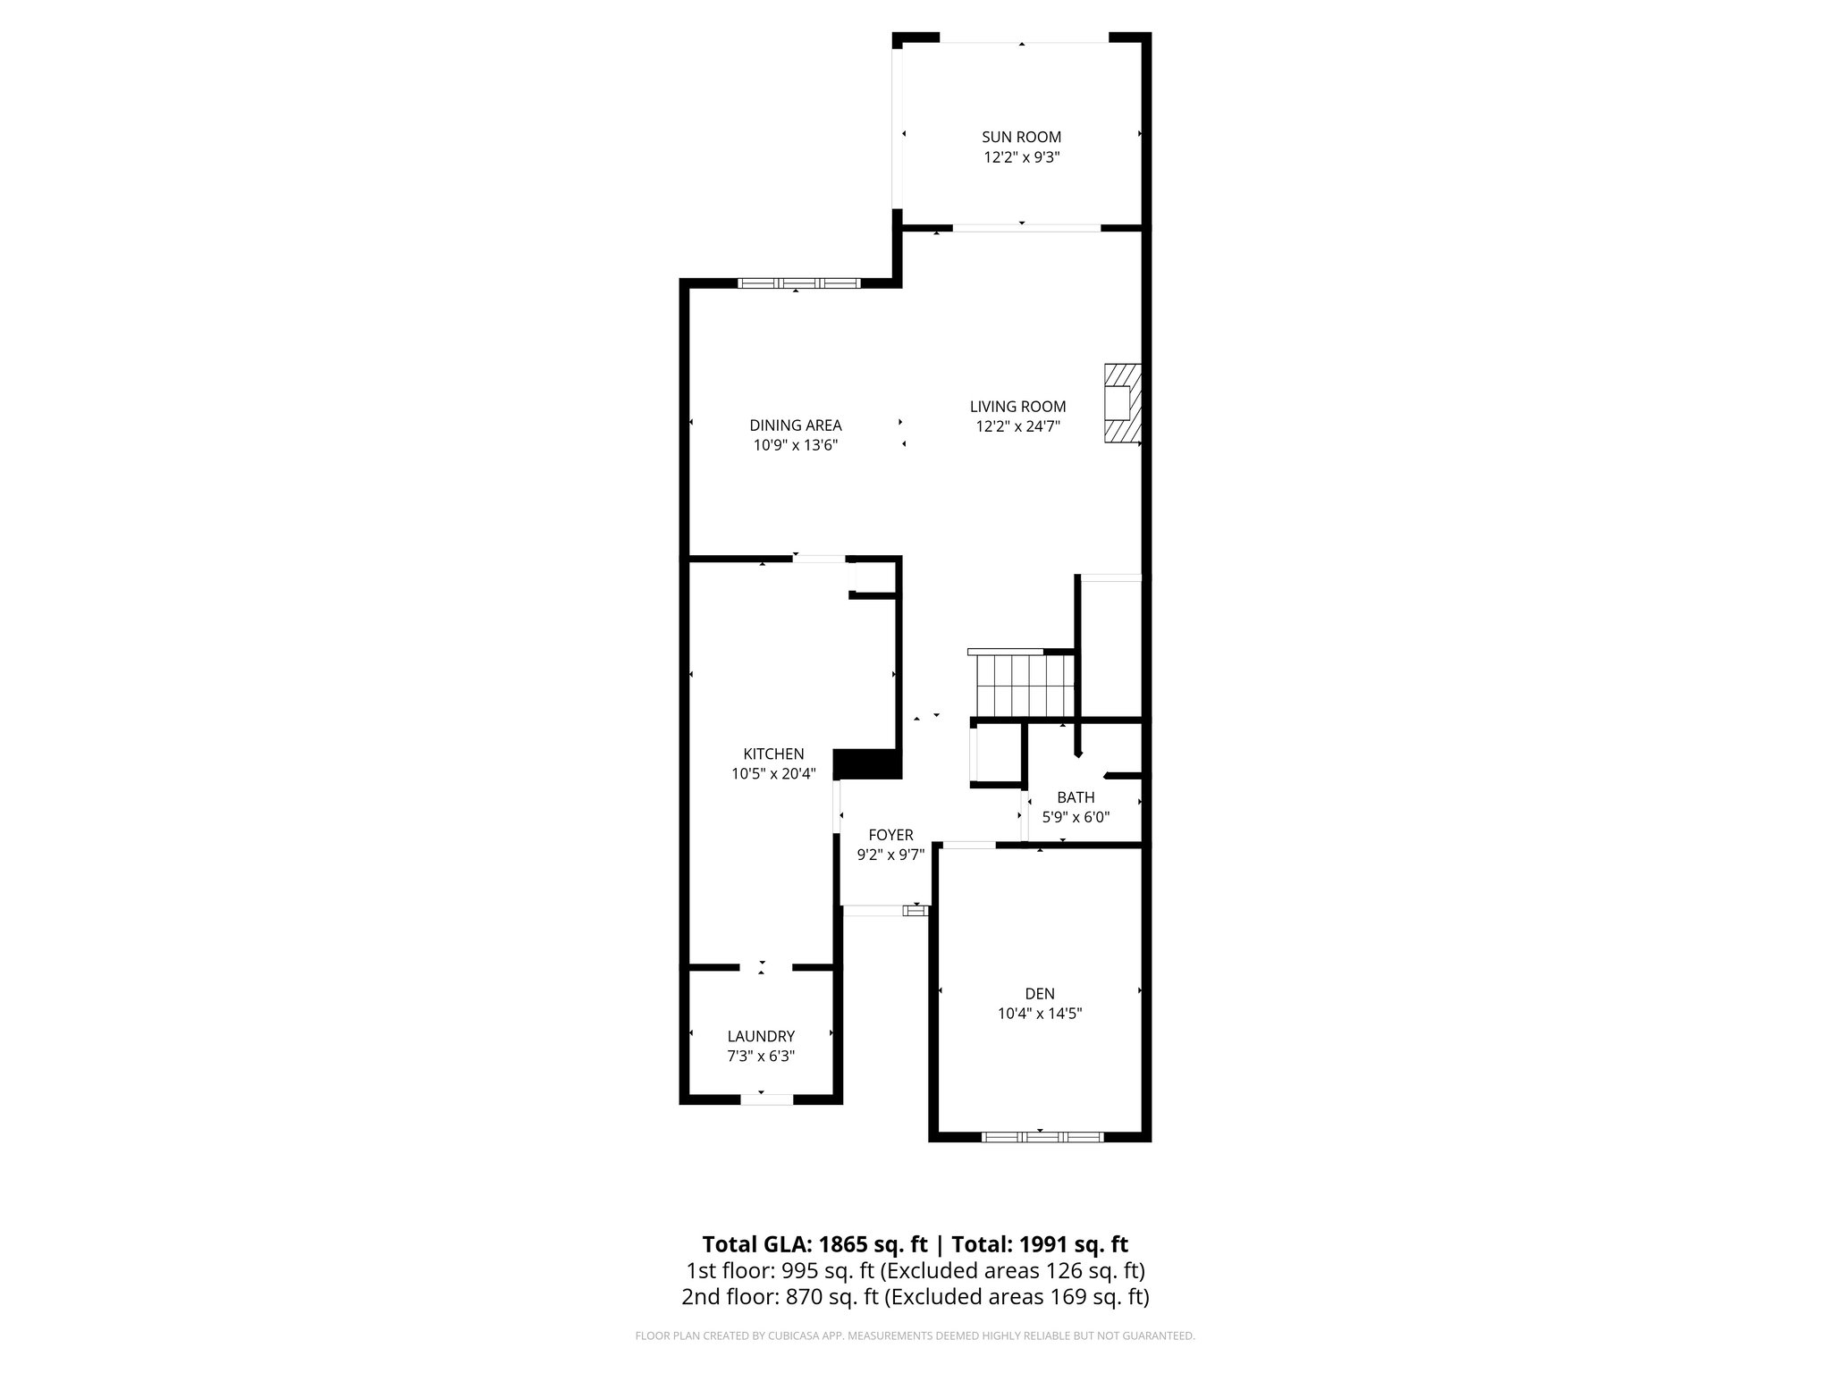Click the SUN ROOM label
coord(1021,137)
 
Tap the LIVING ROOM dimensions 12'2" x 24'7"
coord(1017,426)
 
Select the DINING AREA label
coord(795,425)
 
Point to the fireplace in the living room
coord(1122,402)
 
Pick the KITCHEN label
coord(773,754)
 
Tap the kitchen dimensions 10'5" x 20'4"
coord(773,774)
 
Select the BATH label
coord(1076,796)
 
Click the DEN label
coord(1040,993)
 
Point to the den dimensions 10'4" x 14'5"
coord(1040,1014)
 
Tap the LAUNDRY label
coord(761,1036)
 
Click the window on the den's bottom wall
coord(1042,1137)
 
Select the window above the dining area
coord(798,283)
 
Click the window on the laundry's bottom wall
coord(766,1099)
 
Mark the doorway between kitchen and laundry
coord(765,967)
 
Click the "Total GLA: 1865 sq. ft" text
coord(814,1244)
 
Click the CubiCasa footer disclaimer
coord(915,1336)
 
